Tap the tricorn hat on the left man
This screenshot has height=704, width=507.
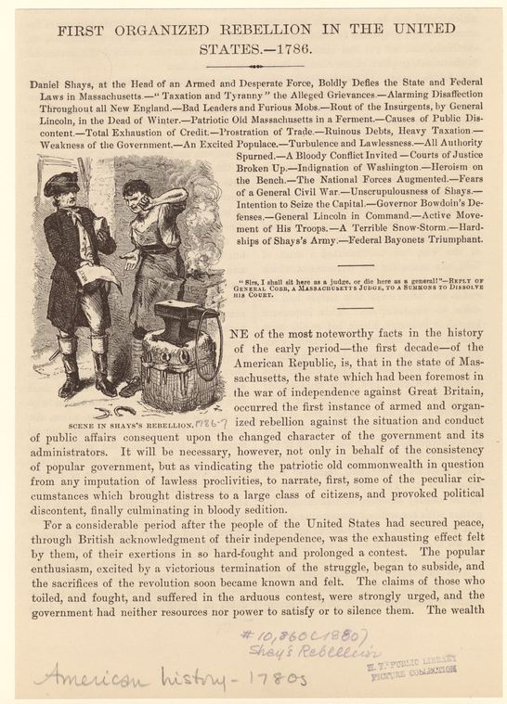click(62, 184)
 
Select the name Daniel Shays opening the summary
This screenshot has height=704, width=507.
click(64, 83)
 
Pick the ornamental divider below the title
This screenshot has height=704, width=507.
click(254, 66)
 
